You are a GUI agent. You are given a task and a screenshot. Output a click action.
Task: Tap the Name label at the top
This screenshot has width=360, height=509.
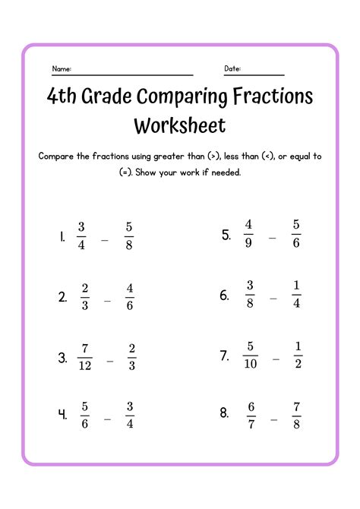[62, 69]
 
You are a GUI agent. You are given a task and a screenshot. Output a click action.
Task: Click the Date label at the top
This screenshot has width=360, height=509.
[232, 69]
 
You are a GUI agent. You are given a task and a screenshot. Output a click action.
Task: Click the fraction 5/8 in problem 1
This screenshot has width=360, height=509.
[129, 236]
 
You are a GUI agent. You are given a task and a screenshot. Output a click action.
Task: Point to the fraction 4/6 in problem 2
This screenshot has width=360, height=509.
[130, 298]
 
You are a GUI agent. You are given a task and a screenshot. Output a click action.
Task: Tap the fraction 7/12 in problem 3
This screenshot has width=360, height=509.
[85, 357]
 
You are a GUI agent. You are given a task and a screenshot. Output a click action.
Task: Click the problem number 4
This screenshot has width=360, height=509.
[62, 416]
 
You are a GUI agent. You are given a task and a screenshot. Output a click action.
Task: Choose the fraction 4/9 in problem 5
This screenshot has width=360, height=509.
[248, 235]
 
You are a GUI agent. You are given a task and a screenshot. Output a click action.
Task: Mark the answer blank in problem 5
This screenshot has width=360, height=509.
[272, 238]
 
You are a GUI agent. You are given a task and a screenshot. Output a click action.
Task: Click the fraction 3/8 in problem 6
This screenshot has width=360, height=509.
[248, 295]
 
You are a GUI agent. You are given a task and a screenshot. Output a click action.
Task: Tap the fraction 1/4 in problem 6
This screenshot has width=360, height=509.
[296, 295]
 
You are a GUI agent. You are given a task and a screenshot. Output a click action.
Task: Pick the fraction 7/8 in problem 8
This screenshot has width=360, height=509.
[296, 414]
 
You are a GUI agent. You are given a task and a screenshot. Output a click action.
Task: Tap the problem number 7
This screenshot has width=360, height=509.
[225, 356]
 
